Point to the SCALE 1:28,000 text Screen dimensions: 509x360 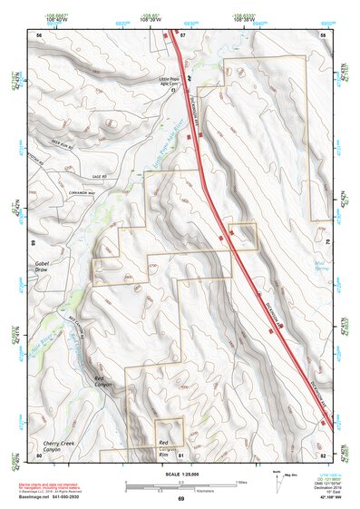coord(180,474)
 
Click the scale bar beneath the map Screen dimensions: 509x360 coord(180,485)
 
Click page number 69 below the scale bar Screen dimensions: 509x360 coord(180,499)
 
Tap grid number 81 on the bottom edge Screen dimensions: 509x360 coord(180,455)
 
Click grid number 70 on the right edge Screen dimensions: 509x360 coord(326,243)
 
